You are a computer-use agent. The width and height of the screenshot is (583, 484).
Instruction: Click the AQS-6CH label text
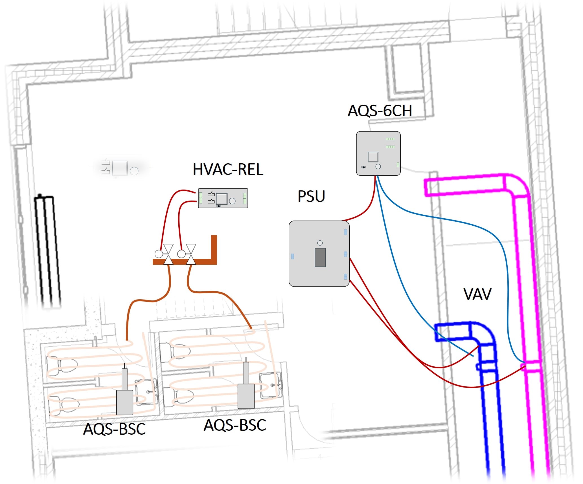click(x=380, y=111)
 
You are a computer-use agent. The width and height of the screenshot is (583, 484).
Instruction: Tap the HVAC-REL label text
click(x=228, y=170)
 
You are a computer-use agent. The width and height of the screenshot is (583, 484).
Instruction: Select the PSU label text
click(x=311, y=196)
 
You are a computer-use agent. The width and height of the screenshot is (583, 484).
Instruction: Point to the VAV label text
click(x=477, y=294)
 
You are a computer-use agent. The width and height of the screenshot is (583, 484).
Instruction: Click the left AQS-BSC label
click(x=114, y=429)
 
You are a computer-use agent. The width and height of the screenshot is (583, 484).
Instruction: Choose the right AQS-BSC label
click(x=235, y=425)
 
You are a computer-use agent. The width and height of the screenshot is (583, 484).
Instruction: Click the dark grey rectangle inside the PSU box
click(x=320, y=257)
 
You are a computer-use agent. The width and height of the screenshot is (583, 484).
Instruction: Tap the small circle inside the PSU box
click(x=320, y=243)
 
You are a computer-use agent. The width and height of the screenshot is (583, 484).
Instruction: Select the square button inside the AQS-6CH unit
click(x=373, y=157)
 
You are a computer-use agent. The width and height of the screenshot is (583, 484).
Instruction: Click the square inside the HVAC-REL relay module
click(x=222, y=199)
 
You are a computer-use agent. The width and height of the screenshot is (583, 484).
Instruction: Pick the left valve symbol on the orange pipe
click(x=168, y=254)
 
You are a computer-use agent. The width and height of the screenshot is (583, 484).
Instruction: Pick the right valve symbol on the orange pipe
click(x=191, y=254)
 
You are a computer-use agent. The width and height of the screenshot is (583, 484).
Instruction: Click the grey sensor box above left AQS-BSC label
click(x=125, y=402)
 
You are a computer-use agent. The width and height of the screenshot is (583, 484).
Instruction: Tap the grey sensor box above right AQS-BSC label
click(x=246, y=396)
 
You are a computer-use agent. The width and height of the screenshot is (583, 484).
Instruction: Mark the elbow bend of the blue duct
click(x=484, y=333)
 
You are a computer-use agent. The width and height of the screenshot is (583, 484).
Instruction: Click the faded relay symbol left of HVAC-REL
click(x=120, y=168)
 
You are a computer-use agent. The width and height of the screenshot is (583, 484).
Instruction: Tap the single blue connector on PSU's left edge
click(x=292, y=256)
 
